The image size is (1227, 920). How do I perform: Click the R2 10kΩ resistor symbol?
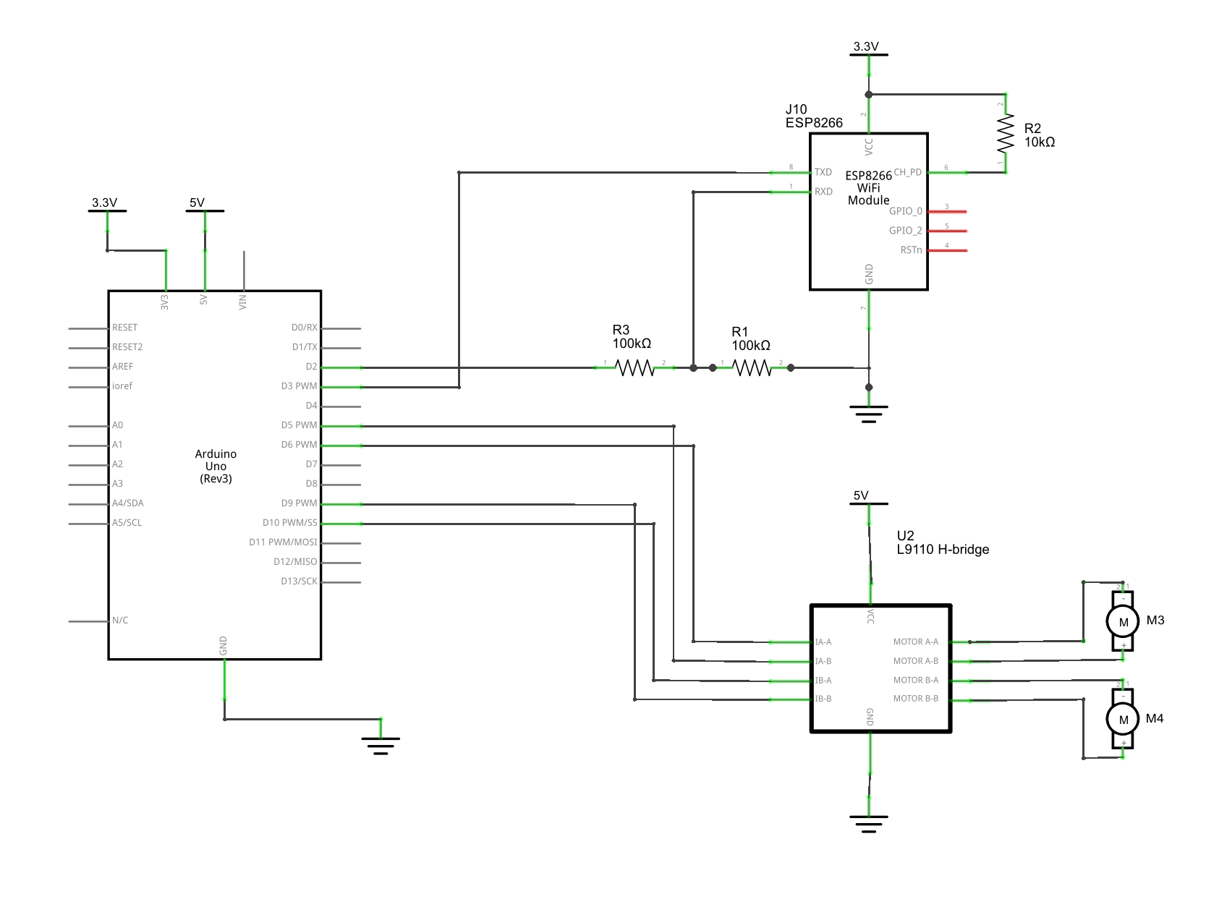tap(1006, 134)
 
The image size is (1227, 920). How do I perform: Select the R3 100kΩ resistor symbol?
tap(634, 368)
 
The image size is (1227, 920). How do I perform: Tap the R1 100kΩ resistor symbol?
tap(752, 368)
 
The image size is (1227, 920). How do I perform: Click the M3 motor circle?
tap(1123, 621)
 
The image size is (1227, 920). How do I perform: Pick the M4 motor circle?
tap(1123, 719)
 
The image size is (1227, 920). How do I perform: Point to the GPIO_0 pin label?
tap(905, 211)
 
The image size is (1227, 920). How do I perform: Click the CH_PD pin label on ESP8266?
tap(907, 172)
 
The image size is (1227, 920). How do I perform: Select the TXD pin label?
tap(823, 172)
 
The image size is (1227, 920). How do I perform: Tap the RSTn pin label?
tap(911, 250)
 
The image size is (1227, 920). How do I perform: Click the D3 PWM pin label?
tap(299, 386)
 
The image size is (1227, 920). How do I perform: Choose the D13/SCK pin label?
tap(299, 582)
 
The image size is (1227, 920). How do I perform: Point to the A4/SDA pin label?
tap(128, 503)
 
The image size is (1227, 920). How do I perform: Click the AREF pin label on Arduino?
tap(123, 367)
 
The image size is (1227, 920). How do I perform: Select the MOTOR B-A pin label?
tap(915, 681)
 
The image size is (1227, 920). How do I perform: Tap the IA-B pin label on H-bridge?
tap(823, 661)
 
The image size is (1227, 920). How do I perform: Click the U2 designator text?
tap(905, 536)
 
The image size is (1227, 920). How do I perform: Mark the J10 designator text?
tap(796, 110)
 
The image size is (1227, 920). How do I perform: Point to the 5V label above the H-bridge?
tap(861, 496)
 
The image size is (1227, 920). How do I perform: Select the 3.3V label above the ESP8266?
tap(866, 47)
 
